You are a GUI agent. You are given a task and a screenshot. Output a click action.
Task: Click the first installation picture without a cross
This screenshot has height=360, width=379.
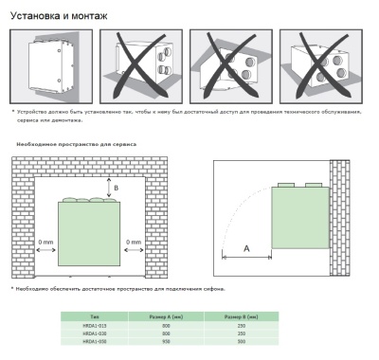(52, 65)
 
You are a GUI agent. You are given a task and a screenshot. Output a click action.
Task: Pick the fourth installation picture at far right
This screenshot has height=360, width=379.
(322, 65)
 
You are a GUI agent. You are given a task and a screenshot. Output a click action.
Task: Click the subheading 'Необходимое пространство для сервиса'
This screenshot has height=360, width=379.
(76, 144)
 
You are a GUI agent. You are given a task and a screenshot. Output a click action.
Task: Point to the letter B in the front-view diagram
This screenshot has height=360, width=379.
(117, 189)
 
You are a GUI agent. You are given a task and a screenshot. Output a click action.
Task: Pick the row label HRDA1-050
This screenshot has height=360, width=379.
(95, 341)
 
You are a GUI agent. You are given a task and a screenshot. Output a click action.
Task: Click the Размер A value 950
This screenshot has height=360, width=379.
(167, 341)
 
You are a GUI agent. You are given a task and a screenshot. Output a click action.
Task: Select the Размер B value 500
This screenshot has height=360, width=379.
(242, 341)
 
